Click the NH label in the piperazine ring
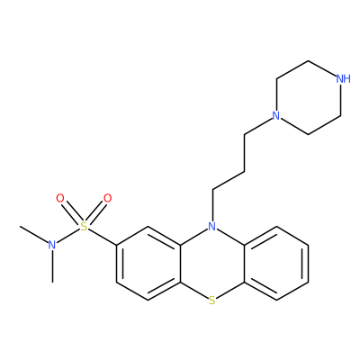coord(343,79)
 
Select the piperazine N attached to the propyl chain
coord(275,115)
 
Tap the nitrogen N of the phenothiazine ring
coord(212,226)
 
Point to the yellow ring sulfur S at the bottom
coord(212,301)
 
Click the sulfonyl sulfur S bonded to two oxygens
coord(85,227)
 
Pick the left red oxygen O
coord(60,198)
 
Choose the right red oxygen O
coord(107,198)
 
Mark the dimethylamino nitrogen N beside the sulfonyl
coord(52,245)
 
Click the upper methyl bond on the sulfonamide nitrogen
coord(33,234)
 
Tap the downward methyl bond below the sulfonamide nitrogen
coord(52,266)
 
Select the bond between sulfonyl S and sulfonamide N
coord(68,236)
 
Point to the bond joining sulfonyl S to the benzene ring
coord(103,238)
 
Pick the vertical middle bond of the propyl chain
coord(244,153)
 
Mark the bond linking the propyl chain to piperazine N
coord(257,126)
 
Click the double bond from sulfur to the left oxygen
coord(72,212)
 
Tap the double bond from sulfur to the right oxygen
coord(95,212)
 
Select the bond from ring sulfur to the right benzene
coord(230,290)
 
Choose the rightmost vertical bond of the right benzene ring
coord(308,264)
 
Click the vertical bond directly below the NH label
coord(340,100)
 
